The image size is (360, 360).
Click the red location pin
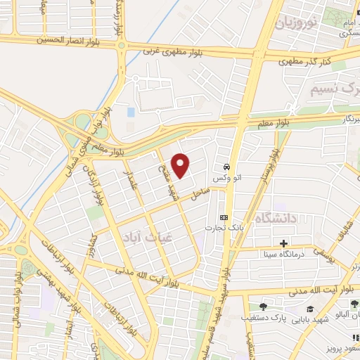tap(181, 166)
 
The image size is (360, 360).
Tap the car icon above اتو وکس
tap(226, 167)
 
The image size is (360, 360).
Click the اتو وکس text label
tap(226, 179)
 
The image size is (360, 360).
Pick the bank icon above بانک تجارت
tap(224, 217)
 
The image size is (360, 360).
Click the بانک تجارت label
tap(223, 228)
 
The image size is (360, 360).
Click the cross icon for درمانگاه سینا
tap(283, 243)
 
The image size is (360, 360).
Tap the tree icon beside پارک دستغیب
tap(263, 306)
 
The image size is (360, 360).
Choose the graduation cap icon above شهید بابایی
tap(310, 309)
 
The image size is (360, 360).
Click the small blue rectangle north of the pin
tap(131, 112)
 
